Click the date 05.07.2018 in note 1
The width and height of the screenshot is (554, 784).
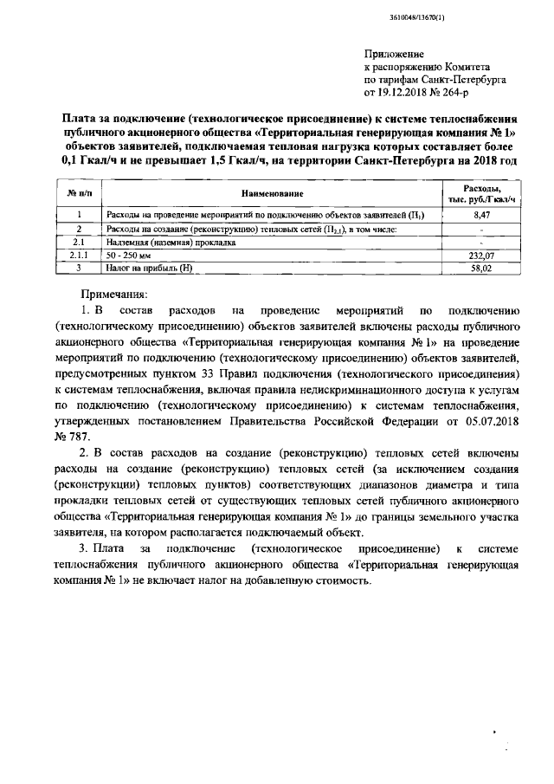(x=487, y=418)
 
